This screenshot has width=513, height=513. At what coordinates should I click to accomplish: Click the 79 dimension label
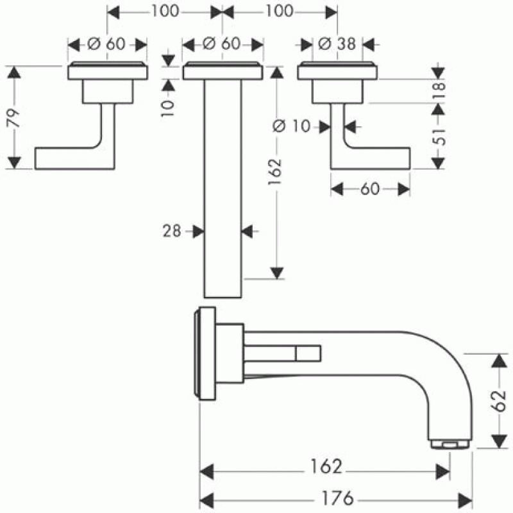click(x=13, y=118)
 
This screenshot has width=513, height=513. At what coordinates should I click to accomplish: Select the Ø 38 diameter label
click(x=337, y=44)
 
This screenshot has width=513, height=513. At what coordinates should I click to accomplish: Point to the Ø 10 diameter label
click(x=291, y=126)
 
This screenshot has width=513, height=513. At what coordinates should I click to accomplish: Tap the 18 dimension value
click(x=439, y=90)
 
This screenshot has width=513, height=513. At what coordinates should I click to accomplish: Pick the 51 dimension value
click(x=439, y=137)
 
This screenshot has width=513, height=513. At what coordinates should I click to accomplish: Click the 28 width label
click(x=172, y=231)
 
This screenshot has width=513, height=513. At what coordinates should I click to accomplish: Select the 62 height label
click(x=499, y=400)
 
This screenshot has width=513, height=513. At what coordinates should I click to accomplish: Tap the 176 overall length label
click(x=338, y=498)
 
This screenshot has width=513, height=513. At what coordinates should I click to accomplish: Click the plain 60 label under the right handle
click(x=370, y=189)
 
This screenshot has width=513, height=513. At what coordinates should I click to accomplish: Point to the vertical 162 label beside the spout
click(x=275, y=172)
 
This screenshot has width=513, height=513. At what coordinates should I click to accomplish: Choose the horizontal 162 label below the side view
click(x=326, y=466)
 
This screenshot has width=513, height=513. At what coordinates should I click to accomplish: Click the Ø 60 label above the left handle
click(x=106, y=44)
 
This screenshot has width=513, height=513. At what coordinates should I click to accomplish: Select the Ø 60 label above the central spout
click(x=221, y=44)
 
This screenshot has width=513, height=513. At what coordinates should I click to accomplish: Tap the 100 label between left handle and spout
click(x=165, y=12)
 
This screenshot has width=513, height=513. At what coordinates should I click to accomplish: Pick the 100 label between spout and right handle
click(x=279, y=12)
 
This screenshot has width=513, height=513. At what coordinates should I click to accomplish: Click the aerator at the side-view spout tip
click(x=450, y=444)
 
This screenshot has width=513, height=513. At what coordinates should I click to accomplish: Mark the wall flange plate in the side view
click(x=206, y=353)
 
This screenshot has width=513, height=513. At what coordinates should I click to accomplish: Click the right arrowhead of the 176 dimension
click(x=465, y=501)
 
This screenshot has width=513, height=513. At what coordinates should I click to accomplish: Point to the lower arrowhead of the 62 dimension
click(x=500, y=441)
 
